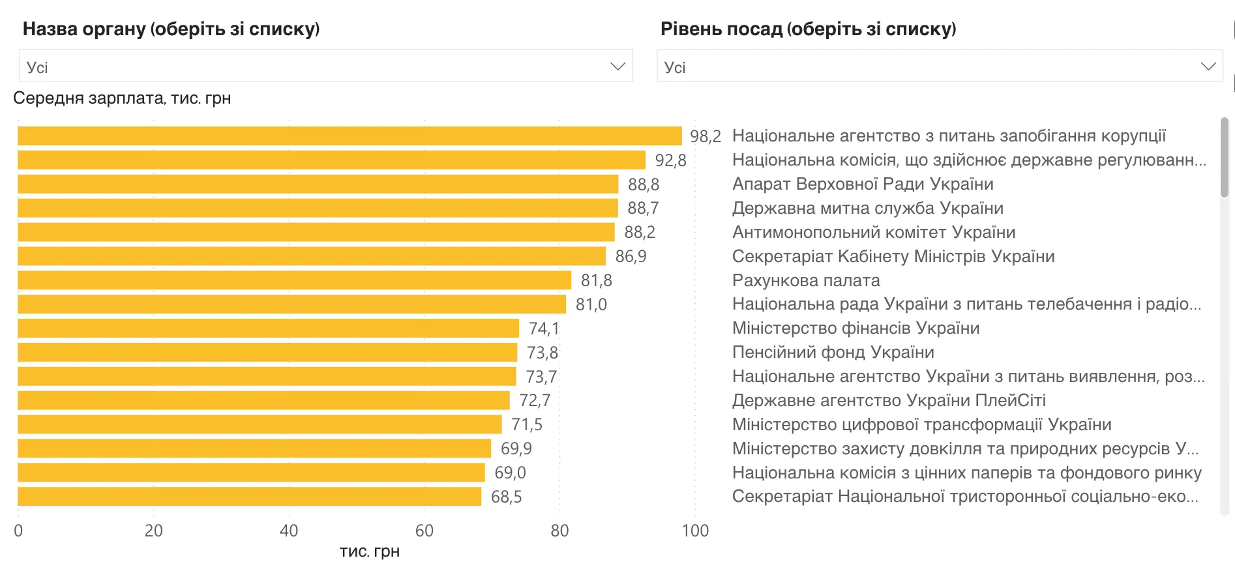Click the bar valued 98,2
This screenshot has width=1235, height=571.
pos(350,136)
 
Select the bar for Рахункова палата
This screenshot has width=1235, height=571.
pos(294,280)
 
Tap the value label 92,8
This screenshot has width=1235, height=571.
pos(670,160)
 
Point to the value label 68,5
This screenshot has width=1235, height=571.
pos(506,497)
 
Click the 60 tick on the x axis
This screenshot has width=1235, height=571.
pos(424,531)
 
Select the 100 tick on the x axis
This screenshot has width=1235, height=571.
pos(695,531)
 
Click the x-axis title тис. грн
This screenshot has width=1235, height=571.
pos(369,551)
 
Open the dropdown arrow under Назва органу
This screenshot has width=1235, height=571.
pos(617,66)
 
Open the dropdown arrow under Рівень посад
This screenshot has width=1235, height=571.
pos(1208,66)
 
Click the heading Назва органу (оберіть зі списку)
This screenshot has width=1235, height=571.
pos(171,29)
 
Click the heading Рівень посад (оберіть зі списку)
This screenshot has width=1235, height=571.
pos(808,29)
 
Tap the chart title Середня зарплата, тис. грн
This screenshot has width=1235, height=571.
pos(122,98)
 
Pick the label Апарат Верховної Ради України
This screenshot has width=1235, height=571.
pos(862,184)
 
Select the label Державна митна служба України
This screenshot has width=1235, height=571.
pos(867,208)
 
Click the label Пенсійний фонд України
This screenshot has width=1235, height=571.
pos(833,352)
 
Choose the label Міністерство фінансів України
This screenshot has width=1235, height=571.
pos(856,328)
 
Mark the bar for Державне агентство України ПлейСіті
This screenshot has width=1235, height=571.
pos(263,400)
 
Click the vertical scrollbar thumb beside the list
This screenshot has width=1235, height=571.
pos(1224,156)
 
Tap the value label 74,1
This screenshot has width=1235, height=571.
pos(543,329)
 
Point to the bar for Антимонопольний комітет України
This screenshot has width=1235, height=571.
pos(316,232)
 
